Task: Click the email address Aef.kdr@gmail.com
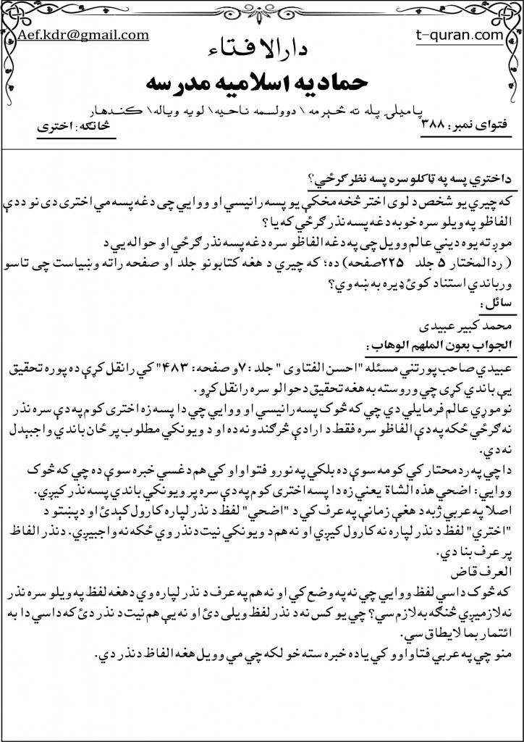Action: tap(83, 34)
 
